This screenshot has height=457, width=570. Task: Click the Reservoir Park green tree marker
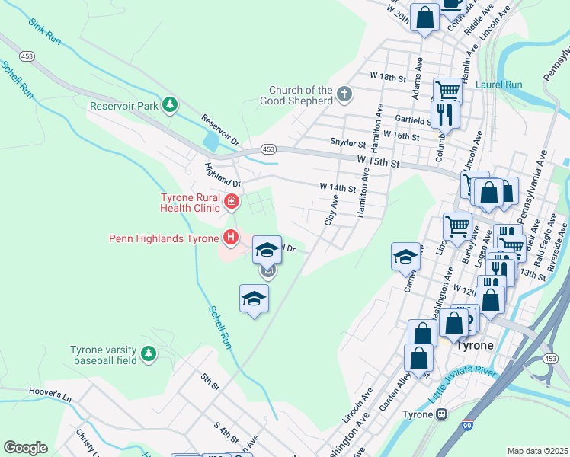173,105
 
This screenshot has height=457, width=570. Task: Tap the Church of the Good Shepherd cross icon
344,95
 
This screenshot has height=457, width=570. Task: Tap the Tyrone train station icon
440,414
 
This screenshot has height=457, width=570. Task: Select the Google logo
25,448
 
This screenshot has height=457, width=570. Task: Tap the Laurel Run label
499,85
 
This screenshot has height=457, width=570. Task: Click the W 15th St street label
379,162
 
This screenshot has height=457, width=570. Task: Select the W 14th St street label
338,187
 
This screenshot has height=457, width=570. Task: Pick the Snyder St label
347,142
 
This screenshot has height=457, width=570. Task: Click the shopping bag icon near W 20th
424,16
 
